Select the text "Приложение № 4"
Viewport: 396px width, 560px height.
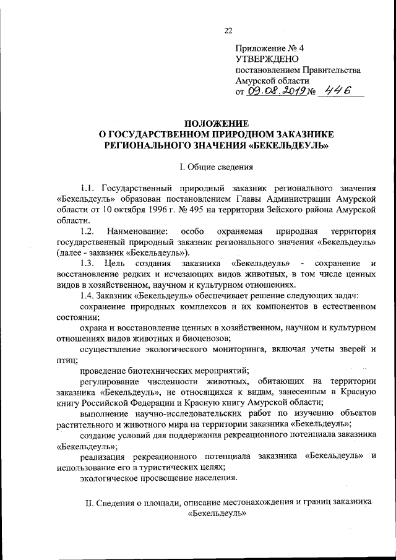pyautogui.click(x=270, y=48)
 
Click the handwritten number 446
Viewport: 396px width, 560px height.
pyautogui.click(x=338, y=90)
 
